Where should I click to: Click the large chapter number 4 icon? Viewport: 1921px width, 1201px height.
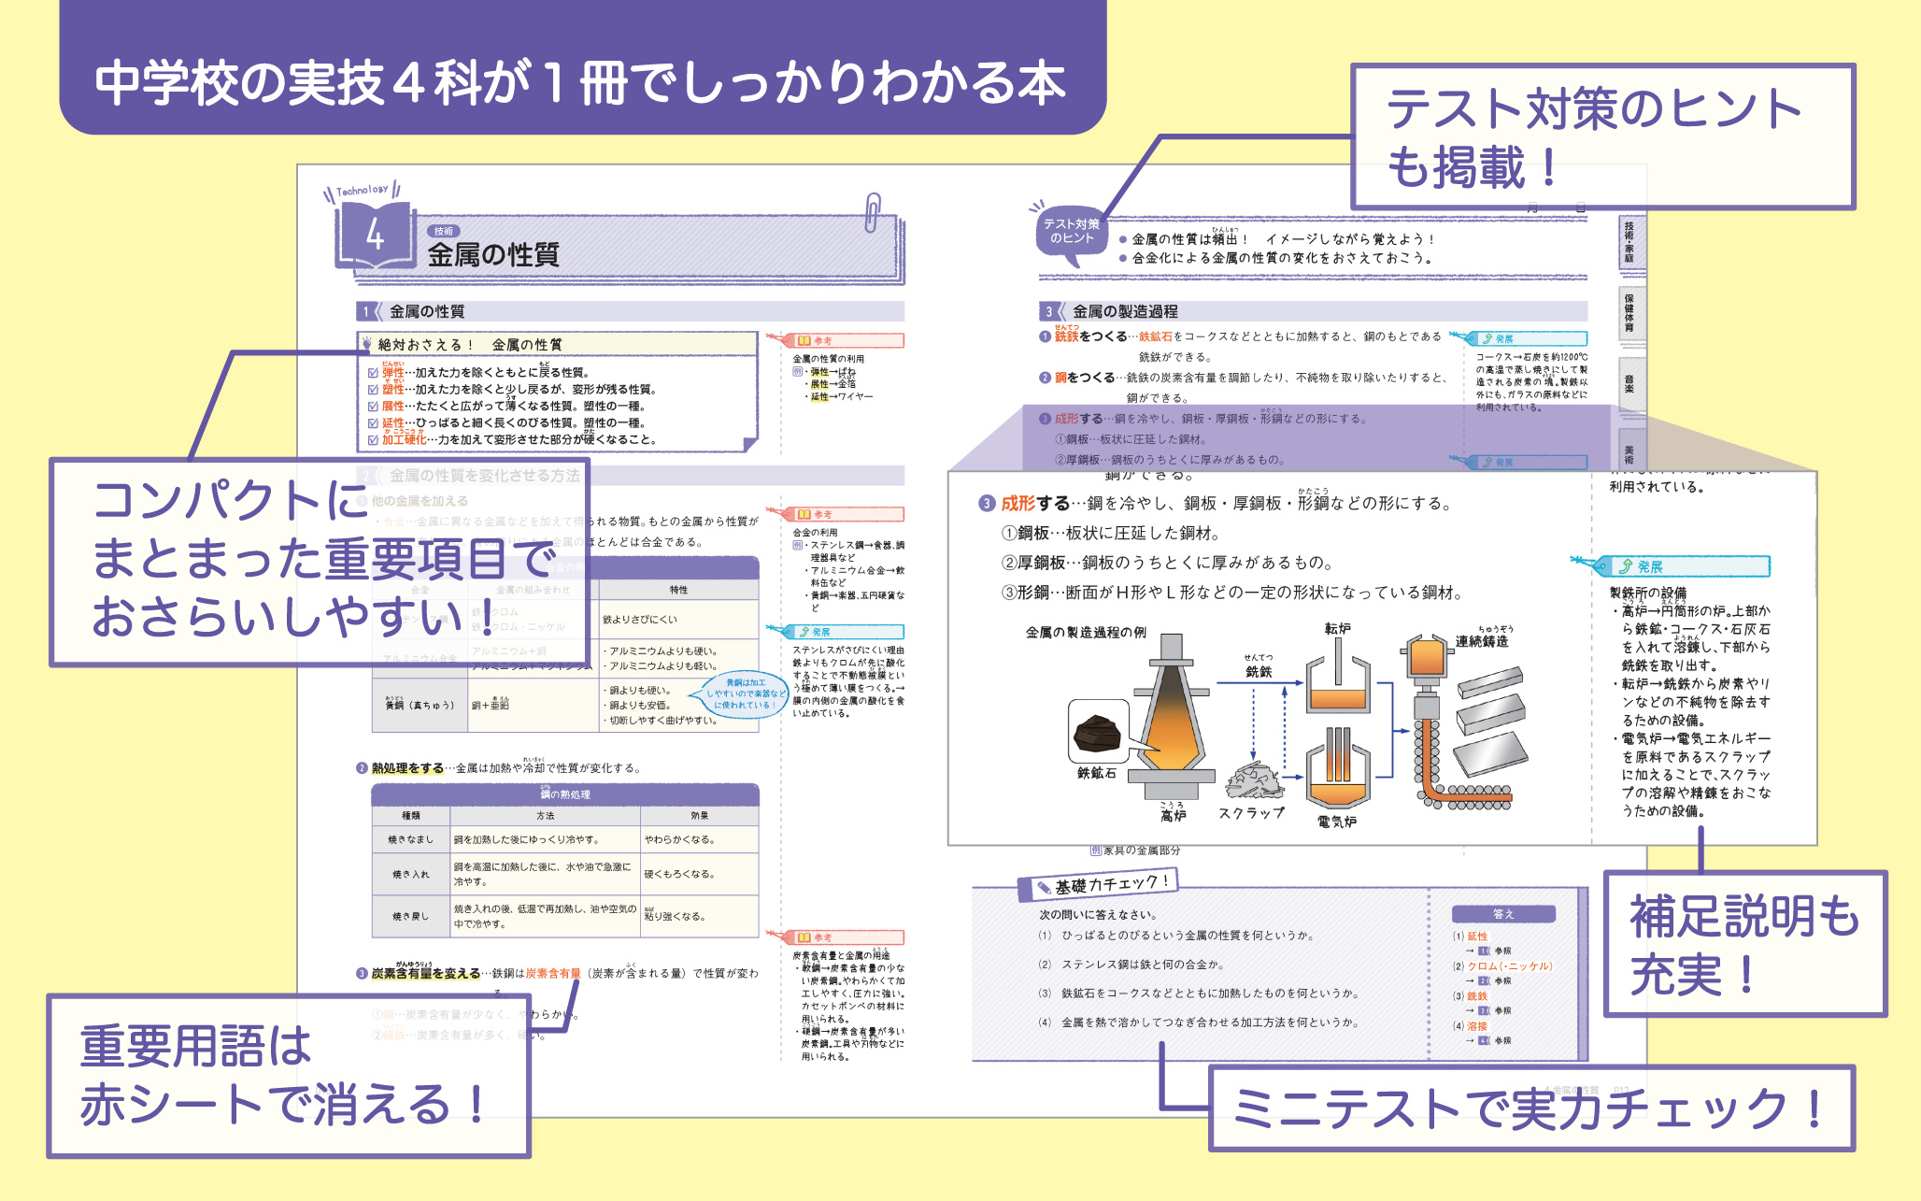(x=375, y=235)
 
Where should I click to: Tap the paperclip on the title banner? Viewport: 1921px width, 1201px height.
(x=872, y=212)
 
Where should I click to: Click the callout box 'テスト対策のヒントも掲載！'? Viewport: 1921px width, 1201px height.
(x=1601, y=137)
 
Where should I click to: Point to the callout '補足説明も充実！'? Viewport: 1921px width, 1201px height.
(x=1743, y=944)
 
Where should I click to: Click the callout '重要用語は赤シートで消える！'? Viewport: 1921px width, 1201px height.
(x=288, y=1076)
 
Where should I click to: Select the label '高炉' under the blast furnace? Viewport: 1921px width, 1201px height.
(x=1174, y=815)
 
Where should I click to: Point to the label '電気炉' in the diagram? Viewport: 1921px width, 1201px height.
(x=1336, y=822)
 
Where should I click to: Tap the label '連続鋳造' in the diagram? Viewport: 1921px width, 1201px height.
(x=1482, y=641)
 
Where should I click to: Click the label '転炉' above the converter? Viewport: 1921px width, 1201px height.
(x=1337, y=629)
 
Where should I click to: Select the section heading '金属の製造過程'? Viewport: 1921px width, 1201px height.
(x=1125, y=311)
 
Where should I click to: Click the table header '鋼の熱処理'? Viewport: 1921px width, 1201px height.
(x=565, y=794)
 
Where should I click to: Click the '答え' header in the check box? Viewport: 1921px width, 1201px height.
(x=1502, y=913)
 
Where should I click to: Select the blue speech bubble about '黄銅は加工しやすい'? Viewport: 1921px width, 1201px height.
(x=745, y=693)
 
